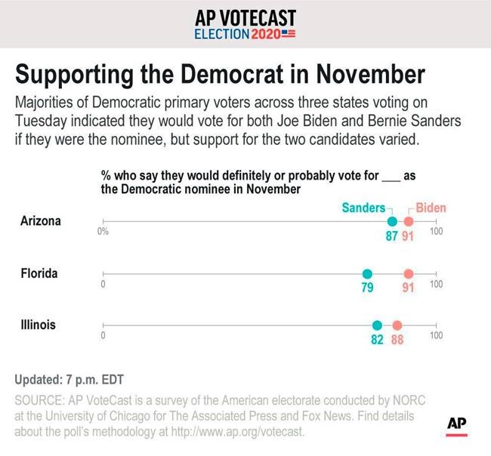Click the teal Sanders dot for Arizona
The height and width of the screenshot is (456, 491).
pos(391,221)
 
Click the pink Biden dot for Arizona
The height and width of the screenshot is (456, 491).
pos(409,221)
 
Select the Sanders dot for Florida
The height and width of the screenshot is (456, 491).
pos(367,274)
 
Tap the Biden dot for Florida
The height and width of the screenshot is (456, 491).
pos(409,274)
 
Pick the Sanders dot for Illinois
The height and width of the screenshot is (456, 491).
pos(377,325)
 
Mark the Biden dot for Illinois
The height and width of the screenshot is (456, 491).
pos(397,325)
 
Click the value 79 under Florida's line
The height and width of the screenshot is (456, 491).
pos(367,288)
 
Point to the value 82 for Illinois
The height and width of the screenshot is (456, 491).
pos(377,340)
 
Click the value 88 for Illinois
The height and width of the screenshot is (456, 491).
pos(397,340)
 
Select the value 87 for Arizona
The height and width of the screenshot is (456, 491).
pos(391,236)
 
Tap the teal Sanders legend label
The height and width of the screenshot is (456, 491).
pos(363,207)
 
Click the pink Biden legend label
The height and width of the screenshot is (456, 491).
pos(431,207)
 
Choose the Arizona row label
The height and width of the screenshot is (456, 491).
pos(41,221)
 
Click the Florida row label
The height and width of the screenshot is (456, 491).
pos(39,273)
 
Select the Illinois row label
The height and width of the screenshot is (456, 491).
pos(38,325)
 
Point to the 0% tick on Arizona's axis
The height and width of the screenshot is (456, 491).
pos(103,232)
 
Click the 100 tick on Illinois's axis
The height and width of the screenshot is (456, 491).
pos(436,335)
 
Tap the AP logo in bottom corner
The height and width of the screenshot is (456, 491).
pos(456,424)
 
